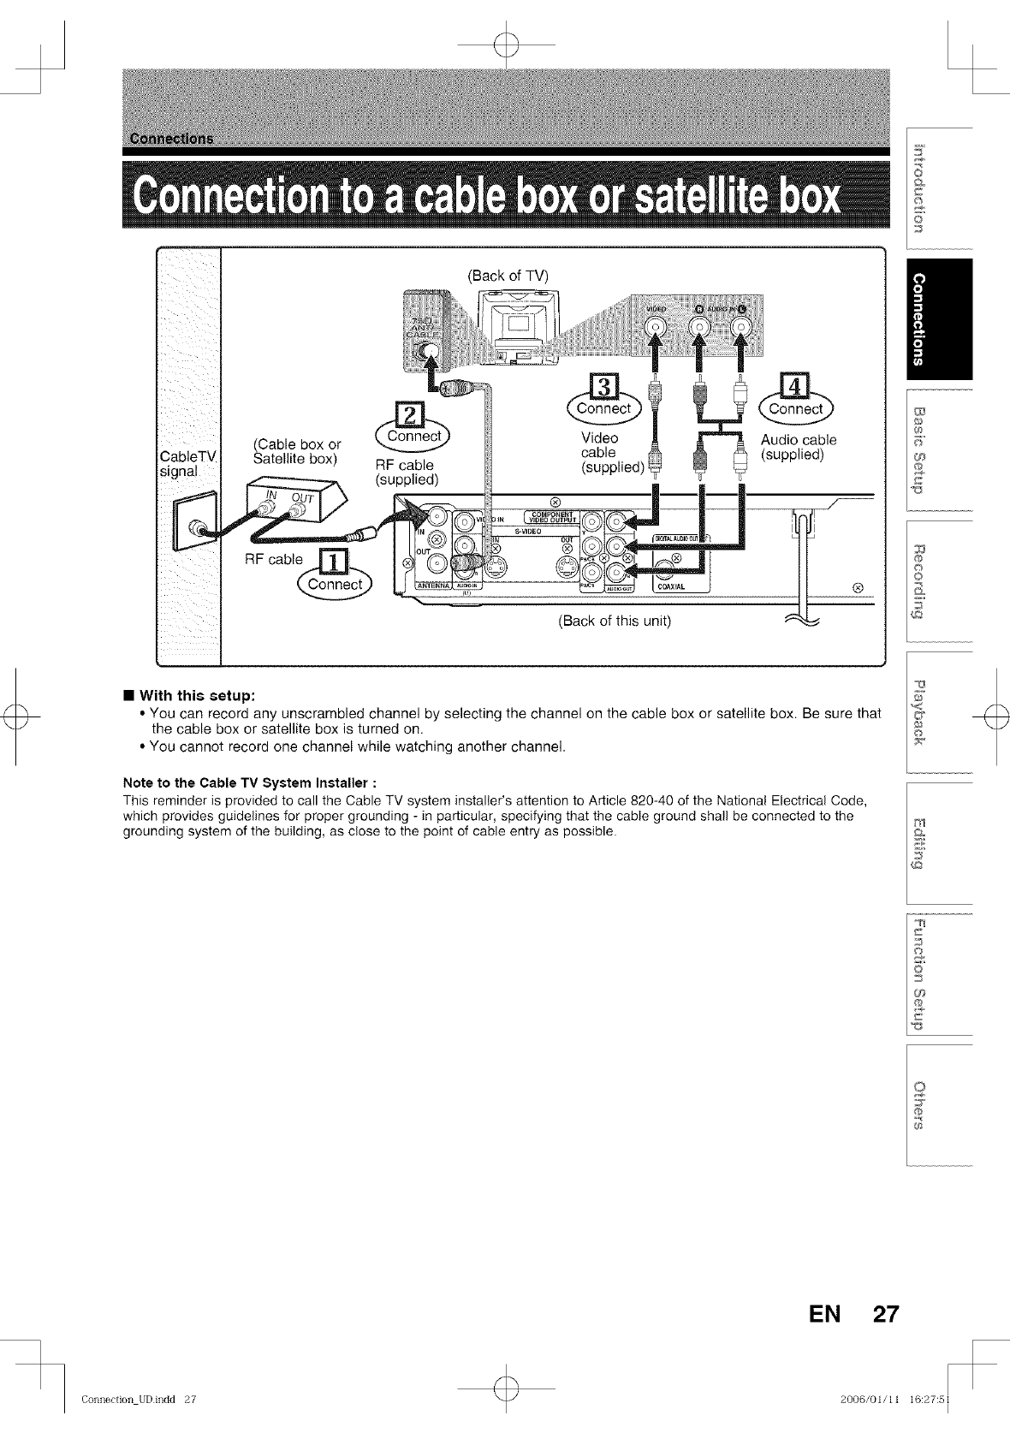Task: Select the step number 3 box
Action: [603, 388]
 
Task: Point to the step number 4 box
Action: [795, 388]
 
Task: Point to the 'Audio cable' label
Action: [798, 440]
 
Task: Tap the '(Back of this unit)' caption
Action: [614, 621]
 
